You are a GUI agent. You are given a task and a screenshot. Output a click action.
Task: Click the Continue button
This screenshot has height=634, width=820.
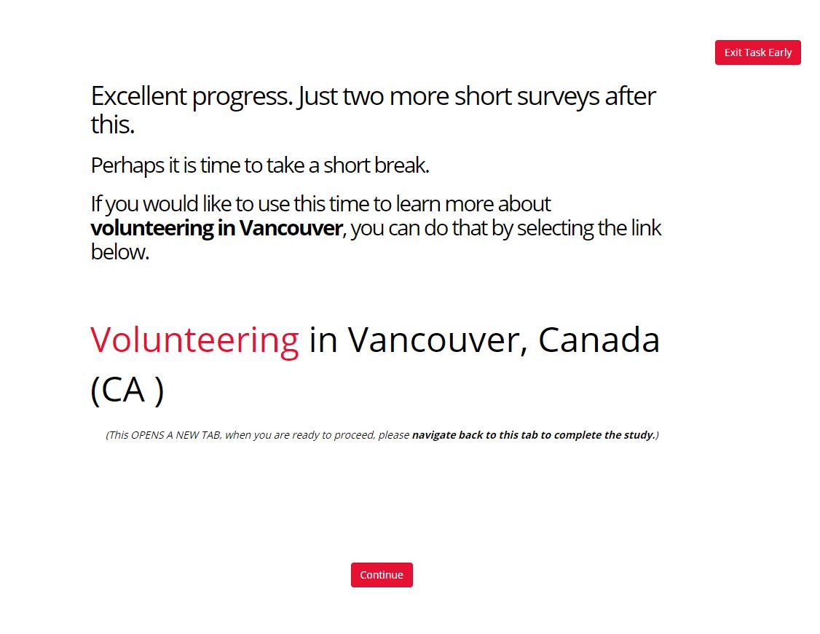382,575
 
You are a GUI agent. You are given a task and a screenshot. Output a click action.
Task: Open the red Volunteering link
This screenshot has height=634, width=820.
194,340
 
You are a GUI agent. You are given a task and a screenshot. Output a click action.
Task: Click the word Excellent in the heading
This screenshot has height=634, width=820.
138,95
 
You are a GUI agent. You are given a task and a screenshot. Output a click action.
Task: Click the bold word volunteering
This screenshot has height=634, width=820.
152,229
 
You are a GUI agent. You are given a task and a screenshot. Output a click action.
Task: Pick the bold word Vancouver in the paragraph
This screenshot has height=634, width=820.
291,228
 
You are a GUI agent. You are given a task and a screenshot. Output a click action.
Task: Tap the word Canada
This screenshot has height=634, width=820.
599,340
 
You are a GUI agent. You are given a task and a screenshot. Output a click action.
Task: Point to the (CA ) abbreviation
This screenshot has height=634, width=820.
127,390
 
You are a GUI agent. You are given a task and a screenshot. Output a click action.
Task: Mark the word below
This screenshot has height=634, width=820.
119,252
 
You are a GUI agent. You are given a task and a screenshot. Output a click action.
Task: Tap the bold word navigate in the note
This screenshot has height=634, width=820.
433,435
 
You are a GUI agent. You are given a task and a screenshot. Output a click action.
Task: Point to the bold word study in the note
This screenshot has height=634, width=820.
639,435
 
